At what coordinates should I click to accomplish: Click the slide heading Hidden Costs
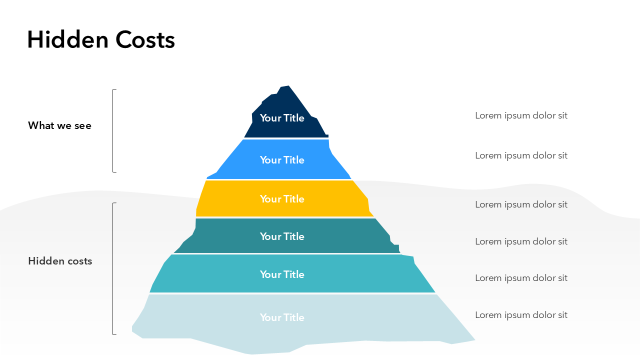[101, 39]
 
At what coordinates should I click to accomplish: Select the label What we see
[59, 125]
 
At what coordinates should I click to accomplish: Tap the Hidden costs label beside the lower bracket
[60, 261]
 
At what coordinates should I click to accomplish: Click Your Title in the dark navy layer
[282, 118]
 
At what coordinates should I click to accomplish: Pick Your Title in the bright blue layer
[282, 160]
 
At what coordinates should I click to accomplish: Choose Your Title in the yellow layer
[282, 199]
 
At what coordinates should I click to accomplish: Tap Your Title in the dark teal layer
[282, 236]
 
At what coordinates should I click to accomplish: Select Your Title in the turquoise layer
[282, 274]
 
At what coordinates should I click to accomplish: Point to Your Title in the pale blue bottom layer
[282, 317]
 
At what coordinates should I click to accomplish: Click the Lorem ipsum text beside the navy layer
[521, 115]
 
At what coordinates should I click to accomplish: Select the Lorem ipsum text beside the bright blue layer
[521, 155]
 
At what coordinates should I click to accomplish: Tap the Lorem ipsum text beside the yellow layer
[521, 204]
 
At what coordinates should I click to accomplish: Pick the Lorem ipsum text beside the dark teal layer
[521, 241]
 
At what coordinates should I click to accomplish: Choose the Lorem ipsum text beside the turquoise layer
[521, 278]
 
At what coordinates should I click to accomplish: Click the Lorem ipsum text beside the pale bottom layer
[521, 315]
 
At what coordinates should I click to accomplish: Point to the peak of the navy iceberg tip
[288, 85]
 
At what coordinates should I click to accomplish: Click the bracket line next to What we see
[113, 131]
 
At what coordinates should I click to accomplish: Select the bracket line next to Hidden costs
[113, 268]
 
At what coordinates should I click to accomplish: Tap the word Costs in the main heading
[145, 39]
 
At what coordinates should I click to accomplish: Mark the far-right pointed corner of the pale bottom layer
[475, 340]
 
